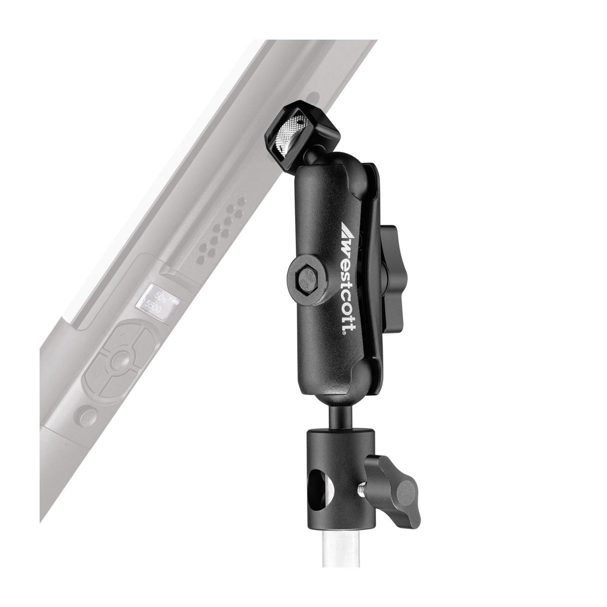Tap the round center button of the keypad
(x=119, y=359)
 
